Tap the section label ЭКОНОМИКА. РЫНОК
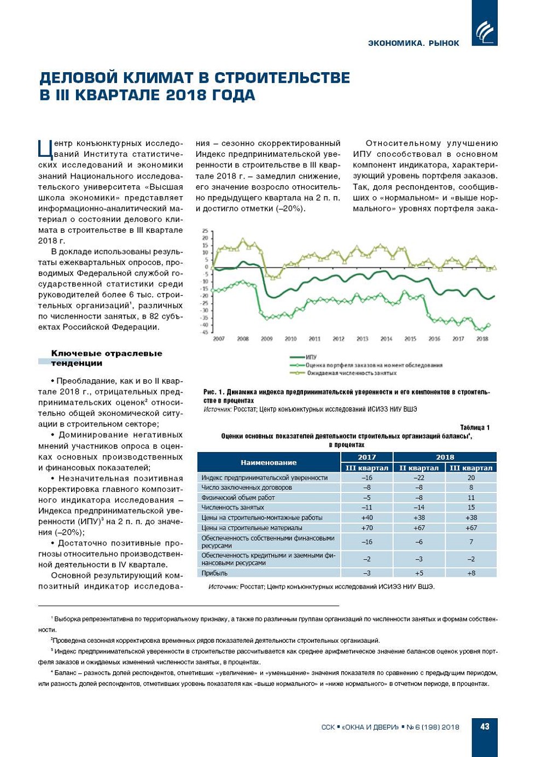click(413, 43)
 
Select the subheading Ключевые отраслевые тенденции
click(106, 358)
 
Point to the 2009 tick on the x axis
click(266, 339)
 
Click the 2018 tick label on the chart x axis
click(482, 339)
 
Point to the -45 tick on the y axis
click(205, 332)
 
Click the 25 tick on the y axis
click(206, 231)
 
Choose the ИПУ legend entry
click(311, 357)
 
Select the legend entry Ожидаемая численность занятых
click(351, 373)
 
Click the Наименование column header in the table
click(269, 462)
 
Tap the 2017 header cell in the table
click(366, 457)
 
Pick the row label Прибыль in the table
click(214, 573)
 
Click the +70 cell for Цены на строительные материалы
click(366, 528)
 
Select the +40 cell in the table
click(366, 518)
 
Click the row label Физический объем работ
click(238, 498)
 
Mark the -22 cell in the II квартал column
click(418, 478)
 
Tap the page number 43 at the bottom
click(485, 726)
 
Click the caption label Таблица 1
click(475, 427)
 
